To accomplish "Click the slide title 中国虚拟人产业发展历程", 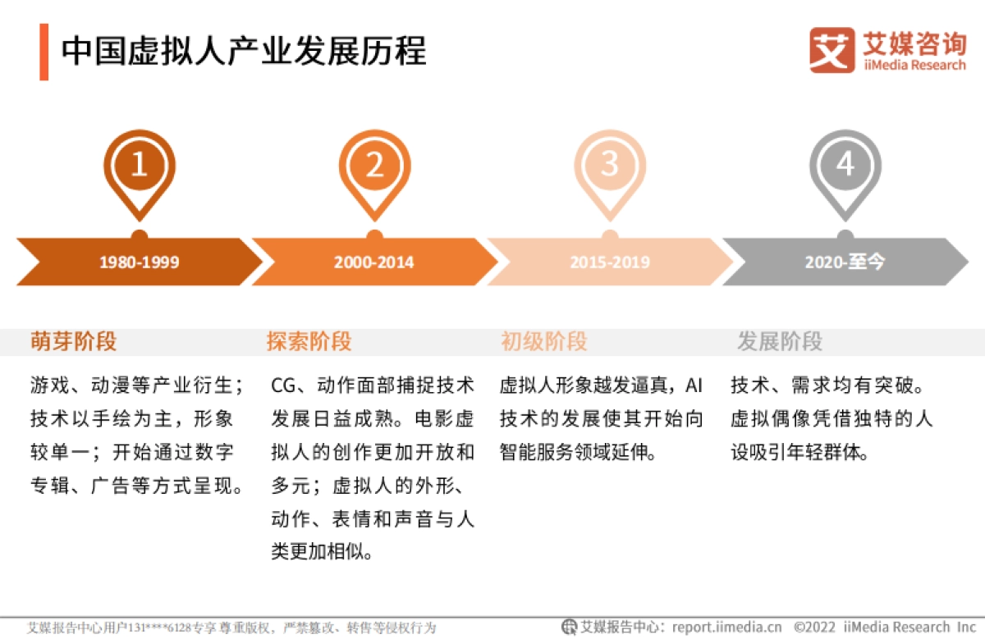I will pos(244,51).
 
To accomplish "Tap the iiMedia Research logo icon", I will pos(832,51).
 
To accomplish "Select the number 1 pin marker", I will pos(140,167).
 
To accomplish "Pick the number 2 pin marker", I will pos(374,167).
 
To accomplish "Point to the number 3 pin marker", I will pos(609,167).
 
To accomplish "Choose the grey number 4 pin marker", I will pos(845,167).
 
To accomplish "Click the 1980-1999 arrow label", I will pos(140,262).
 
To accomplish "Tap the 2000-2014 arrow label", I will pos(374,262).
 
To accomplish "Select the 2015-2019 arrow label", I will pos(609,262).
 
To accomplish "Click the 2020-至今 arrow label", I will pos(845,262).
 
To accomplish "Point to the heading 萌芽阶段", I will pos(74,341).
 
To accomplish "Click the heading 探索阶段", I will pos(309,341).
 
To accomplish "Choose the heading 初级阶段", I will pos(544,341).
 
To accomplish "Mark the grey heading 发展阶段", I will pos(779,341).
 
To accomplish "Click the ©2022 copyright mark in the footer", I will pos(816,628).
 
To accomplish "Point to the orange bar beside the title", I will pos(44,52).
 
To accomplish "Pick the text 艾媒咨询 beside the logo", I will pos(914,41).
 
